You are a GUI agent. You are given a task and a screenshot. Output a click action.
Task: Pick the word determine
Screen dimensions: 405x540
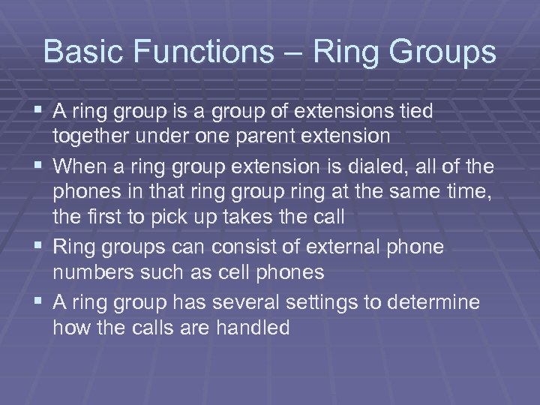(x=441, y=301)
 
